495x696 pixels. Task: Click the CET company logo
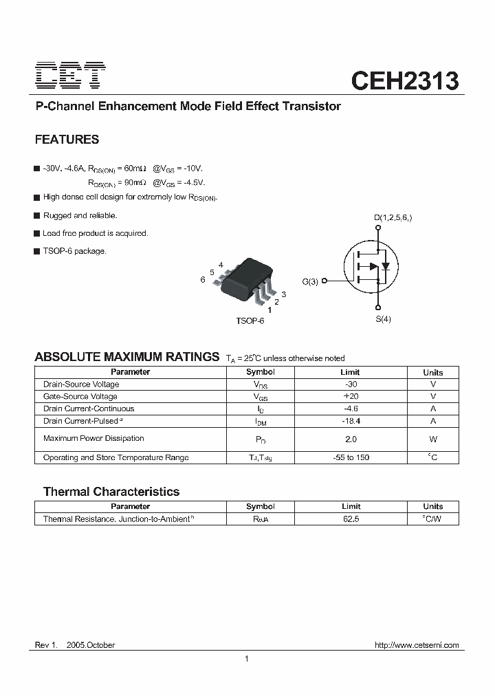pos(70,76)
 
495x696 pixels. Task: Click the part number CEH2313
pos(404,80)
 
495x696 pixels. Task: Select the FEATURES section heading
pos(67,140)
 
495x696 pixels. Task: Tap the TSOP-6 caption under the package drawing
pos(250,321)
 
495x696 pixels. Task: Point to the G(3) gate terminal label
pos(310,281)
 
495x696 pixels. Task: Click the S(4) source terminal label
pos(383,319)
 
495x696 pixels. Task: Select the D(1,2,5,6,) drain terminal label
pos(393,219)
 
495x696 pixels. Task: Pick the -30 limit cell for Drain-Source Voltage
pos(351,384)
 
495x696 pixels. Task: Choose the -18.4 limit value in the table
pos(351,421)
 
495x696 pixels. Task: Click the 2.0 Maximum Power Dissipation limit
pos(351,439)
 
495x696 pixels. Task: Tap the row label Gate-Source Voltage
pos(80,397)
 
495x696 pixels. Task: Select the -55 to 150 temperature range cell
pos(351,457)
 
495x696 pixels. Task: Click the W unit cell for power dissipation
pos(433,439)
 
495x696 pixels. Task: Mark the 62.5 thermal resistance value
pos(351,519)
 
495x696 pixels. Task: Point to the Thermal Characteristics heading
pos(111,492)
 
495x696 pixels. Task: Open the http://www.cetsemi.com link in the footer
pos(416,645)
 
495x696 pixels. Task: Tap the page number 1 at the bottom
pos(246,660)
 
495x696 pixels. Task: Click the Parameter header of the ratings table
pos(130,372)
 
